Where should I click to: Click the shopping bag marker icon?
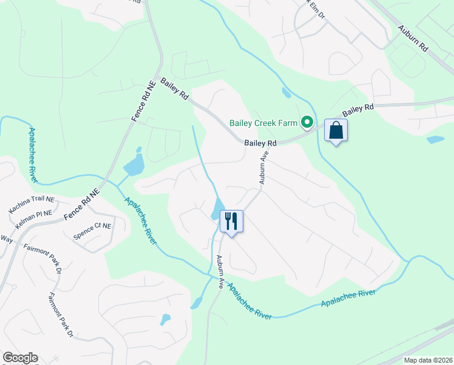336,131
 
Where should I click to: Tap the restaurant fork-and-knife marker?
231,220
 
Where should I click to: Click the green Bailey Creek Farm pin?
307,123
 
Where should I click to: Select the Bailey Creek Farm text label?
263,123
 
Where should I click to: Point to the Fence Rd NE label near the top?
141,101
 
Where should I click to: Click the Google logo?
20,358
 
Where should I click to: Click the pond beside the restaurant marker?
217,210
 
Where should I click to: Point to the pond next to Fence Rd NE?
135,163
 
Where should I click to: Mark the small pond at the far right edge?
435,139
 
